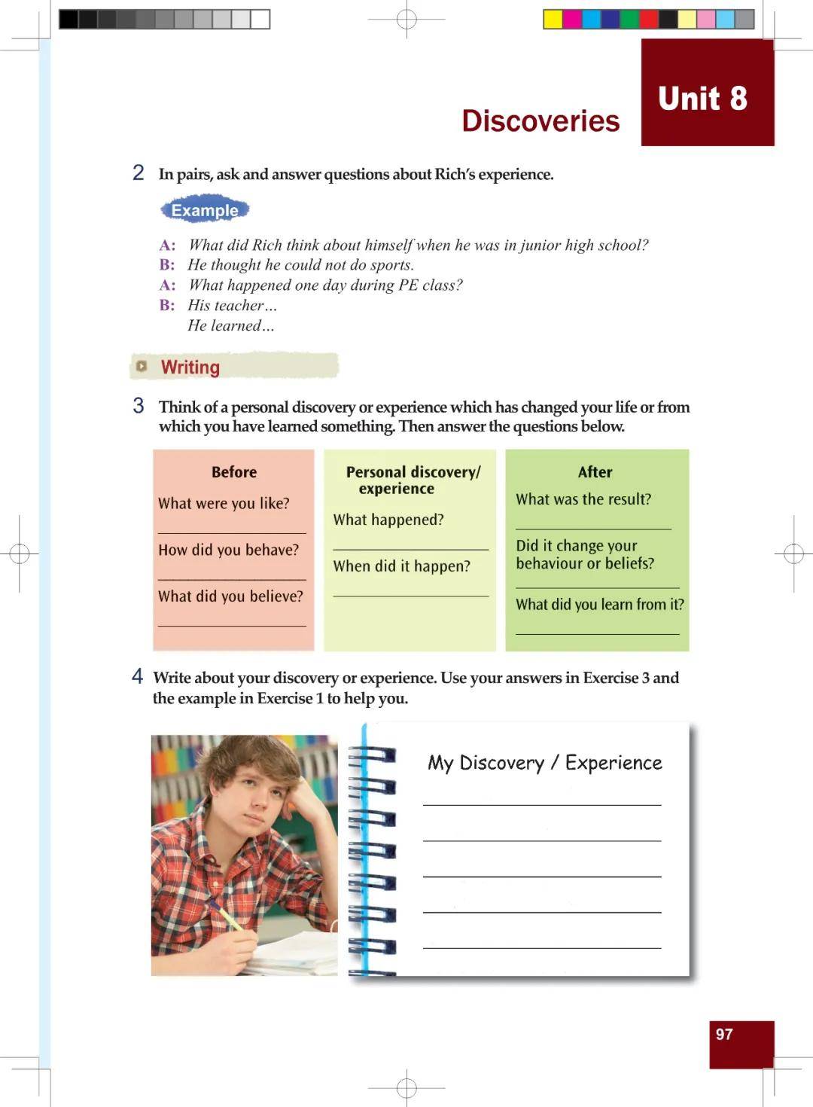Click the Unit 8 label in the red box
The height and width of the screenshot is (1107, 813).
(x=702, y=99)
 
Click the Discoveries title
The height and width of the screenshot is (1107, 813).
(x=540, y=121)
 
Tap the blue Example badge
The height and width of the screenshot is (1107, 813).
(x=204, y=210)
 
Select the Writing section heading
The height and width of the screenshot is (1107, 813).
(x=190, y=367)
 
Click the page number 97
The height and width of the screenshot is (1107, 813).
(x=724, y=1034)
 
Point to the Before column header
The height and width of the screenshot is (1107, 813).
(x=234, y=472)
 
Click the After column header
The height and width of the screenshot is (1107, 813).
(x=595, y=472)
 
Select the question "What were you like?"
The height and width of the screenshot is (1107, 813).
(x=224, y=504)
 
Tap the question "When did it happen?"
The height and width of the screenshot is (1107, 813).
(x=401, y=566)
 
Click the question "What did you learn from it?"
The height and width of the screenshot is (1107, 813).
(x=600, y=605)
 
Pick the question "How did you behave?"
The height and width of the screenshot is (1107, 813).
(x=228, y=550)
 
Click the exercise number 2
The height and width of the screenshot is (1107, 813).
(x=139, y=173)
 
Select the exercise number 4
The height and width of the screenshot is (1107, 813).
(x=138, y=676)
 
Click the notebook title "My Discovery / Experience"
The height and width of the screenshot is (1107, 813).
(x=544, y=763)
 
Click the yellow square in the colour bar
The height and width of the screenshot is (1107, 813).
(x=553, y=20)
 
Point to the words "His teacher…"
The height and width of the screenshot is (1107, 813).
(x=232, y=306)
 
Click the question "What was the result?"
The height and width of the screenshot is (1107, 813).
(x=583, y=499)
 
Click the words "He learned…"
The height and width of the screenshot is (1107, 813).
(x=230, y=326)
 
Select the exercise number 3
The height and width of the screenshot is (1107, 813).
(x=139, y=406)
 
